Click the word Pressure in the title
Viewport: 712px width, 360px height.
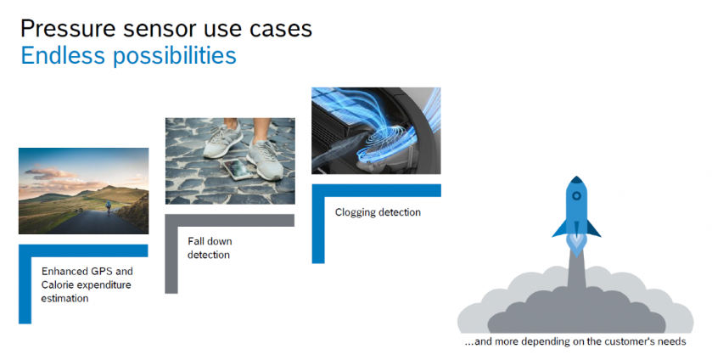click(70, 29)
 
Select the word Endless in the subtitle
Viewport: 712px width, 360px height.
click(63, 55)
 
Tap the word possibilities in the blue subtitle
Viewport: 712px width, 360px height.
click(175, 56)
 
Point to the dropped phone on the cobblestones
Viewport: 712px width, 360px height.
click(238, 169)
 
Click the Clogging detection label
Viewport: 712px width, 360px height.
click(378, 212)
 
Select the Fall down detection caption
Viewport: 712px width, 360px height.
click(210, 248)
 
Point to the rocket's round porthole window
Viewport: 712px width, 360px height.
click(576, 196)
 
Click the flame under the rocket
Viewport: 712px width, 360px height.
click(576, 245)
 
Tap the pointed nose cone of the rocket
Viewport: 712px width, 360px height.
click(576, 180)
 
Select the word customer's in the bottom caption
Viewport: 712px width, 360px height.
click(630, 341)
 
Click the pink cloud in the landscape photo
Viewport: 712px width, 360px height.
click(50, 173)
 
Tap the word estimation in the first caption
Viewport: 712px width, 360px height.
click(65, 299)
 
